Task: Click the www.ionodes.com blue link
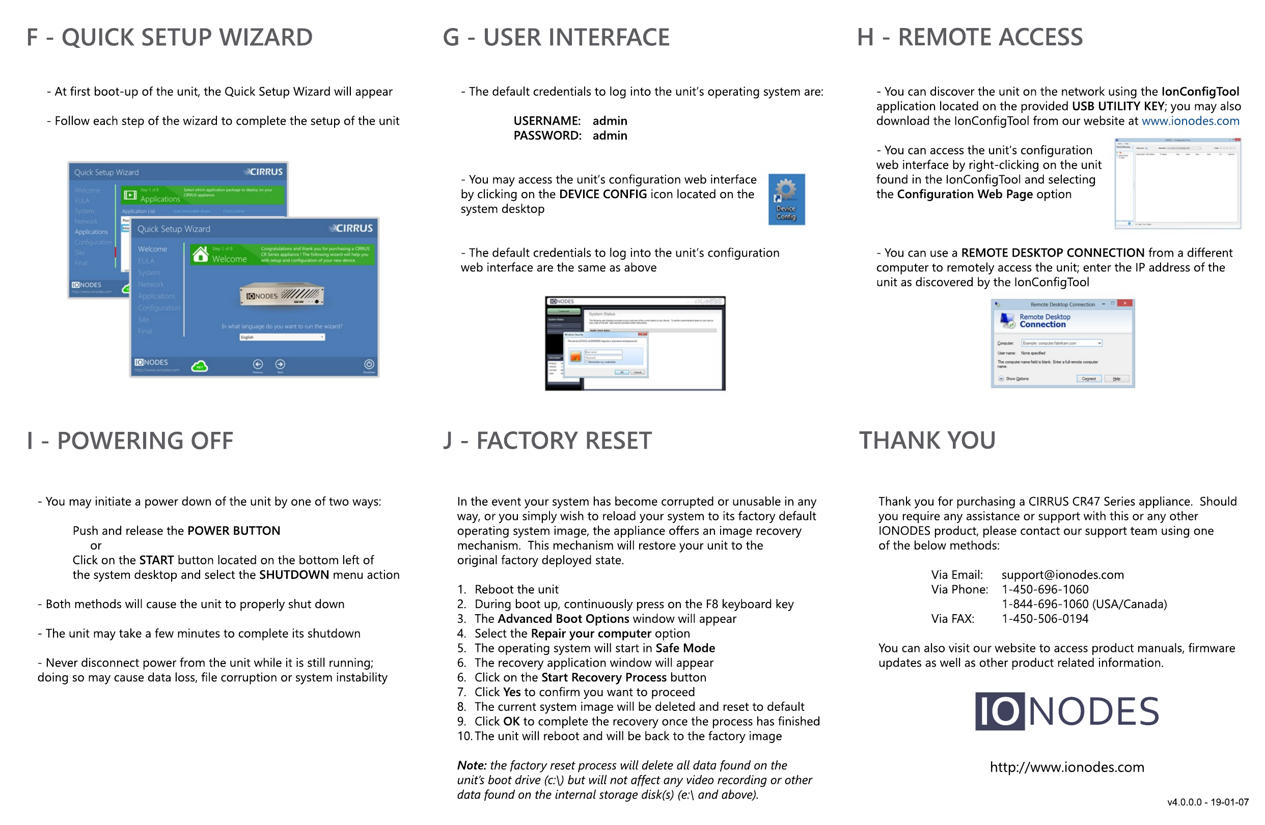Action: tap(1190, 121)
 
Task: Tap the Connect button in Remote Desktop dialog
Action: tap(1088, 378)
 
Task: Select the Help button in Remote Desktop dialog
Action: tap(1116, 378)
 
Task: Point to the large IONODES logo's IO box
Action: tap(999, 711)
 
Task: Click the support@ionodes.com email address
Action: tap(1062, 574)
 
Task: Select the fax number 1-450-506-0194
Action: tap(1044, 619)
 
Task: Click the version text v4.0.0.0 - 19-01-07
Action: tap(1207, 802)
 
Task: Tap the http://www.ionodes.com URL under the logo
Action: tap(1066, 767)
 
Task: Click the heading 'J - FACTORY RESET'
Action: tap(547, 441)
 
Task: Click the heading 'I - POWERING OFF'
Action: tap(130, 441)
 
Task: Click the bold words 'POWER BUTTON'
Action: tap(233, 531)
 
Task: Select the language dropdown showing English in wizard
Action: tap(282, 337)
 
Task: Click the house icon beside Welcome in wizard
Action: tap(200, 254)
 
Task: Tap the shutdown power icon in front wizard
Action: tap(369, 364)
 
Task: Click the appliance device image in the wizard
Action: tap(282, 295)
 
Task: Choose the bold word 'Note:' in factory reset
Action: tap(472, 765)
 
